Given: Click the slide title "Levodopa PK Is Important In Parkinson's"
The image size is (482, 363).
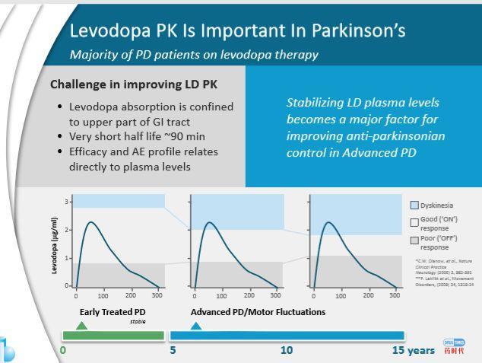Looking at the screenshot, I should (x=237, y=30).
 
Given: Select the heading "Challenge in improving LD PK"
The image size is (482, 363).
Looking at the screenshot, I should (x=128, y=84).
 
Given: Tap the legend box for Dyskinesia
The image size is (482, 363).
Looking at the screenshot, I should (x=414, y=205).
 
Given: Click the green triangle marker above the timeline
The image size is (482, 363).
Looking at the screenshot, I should (x=82, y=325).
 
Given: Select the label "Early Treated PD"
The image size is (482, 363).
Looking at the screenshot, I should (x=113, y=312).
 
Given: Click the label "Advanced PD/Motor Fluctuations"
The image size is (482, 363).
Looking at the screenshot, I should (x=258, y=312).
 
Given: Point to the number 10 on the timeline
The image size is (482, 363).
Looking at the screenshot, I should (x=287, y=350).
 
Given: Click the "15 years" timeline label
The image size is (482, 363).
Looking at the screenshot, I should (x=414, y=350).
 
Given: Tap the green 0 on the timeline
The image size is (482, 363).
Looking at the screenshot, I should (x=63, y=350).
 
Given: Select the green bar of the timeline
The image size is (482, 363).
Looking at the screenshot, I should (x=113, y=336).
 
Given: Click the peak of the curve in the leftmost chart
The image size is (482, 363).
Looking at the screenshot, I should (x=90, y=222).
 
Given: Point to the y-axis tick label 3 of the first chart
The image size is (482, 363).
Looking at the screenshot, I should (x=66, y=202).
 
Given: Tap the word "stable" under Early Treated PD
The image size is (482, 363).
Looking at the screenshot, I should (x=138, y=322).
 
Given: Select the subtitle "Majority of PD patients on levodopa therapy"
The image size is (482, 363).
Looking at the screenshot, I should (x=194, y=54).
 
